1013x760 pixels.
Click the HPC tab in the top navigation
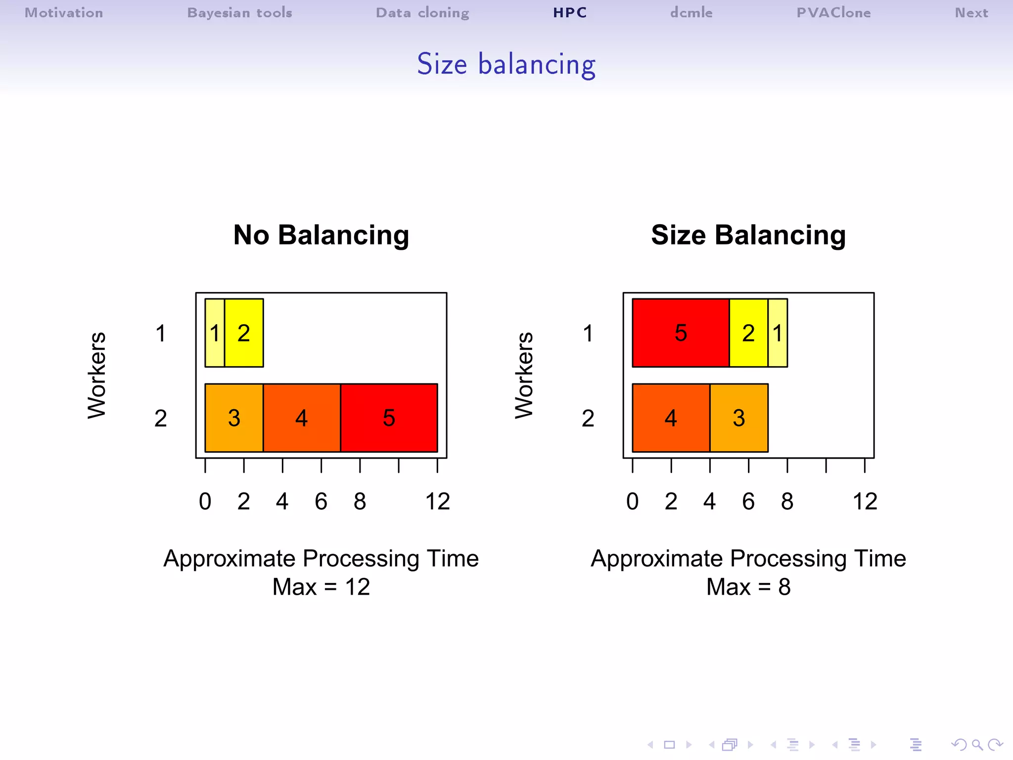click(570, 13)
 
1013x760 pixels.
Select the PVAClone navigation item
click(833, 13)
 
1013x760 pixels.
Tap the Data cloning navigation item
click(422, 13)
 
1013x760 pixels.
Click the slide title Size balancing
click(506, 64)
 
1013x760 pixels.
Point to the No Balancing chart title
click(321, 235)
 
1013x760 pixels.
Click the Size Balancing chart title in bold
click(748, 235)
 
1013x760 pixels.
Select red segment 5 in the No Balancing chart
click(389, 418)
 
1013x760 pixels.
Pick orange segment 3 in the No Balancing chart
click(234, 418)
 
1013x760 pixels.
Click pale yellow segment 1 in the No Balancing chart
click(215, 333)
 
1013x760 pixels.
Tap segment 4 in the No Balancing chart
click(302, 418)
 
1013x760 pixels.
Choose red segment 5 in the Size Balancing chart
click(681, 333)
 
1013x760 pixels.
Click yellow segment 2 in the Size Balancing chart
click(748, 333)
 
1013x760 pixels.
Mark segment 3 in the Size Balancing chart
click(739, 418)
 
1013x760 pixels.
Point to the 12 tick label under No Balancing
click(437, 502)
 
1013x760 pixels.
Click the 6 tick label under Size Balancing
click(748, 502)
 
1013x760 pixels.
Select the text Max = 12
click(321, 587)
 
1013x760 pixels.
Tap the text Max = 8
click(748, 587)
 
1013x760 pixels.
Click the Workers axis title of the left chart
click(96, 376)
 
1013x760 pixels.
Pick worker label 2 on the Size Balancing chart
click(588, 419)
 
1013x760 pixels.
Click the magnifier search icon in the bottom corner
click(977, 745)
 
